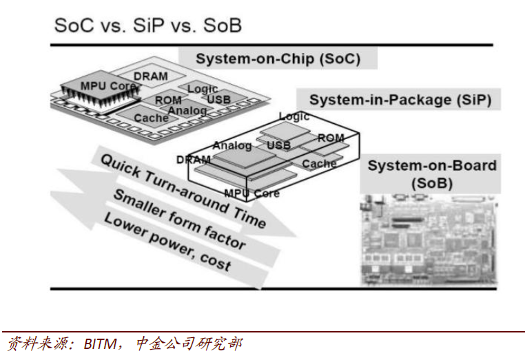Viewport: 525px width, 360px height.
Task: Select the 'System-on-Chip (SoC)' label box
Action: point(278,58)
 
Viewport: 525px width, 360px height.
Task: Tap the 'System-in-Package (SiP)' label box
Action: point(399,100)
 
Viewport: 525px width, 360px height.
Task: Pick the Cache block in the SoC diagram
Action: point(151,118)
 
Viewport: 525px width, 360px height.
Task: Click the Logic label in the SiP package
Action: point(294,116)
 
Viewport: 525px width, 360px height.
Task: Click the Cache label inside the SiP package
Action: point(319,163)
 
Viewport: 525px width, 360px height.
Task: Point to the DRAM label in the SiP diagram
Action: point(193,160)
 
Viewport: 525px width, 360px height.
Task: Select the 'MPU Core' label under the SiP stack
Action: point(252,193)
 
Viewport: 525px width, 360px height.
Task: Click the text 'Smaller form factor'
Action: point(178,218)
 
